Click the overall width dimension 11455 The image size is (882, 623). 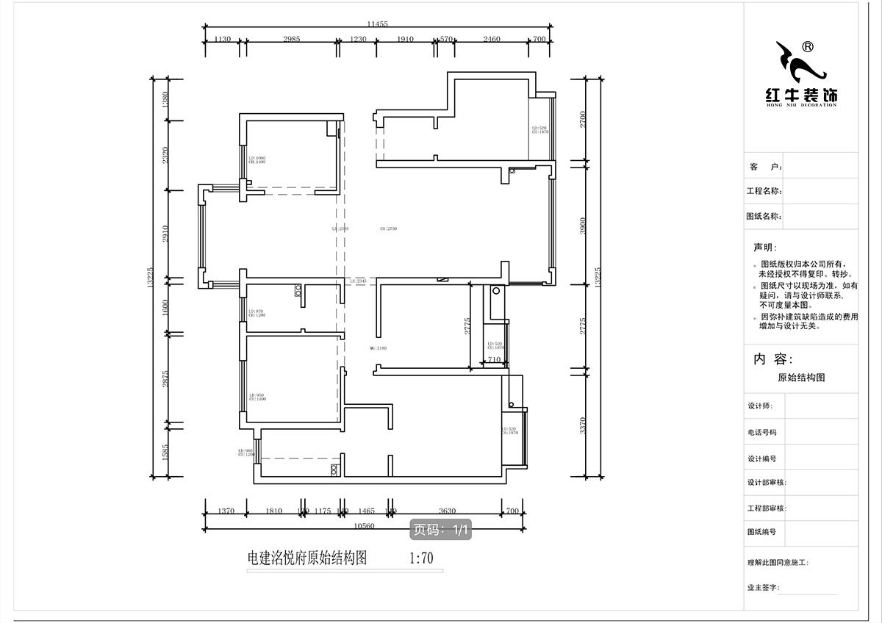pyautogui.click(x=378, y=24)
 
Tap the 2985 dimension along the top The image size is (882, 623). pyautogui.click(x=292, y=40)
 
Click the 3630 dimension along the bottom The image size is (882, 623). pyautogui.click(x=448, y=511)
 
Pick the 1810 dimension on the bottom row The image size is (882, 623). pyautogui.click(x=273, y=511)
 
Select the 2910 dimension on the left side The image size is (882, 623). pyautogui.click(x=167, y=234)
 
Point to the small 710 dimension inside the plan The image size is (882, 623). pyautogui.click(x=493, y=360)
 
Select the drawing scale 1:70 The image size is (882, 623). pyautogui.click(x=420, y=558)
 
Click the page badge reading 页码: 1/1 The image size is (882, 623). pyautogui.click(x=440, y=529)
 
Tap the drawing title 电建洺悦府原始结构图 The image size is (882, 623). pyautogui.click(x=307, y=558)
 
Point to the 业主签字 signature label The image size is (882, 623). pyautogui.click(x=764, y=588)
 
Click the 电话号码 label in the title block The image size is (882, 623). pyautogui.click(x=762, y=433)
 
